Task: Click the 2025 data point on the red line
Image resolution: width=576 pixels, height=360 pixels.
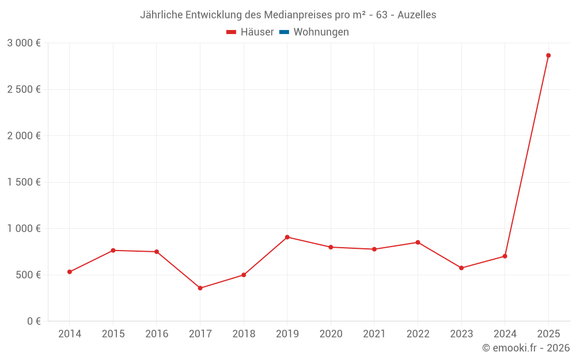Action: point(548,55)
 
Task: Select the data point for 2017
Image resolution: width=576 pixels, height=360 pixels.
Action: point(200,288)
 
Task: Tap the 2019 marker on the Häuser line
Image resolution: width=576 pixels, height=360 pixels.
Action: point(287,237)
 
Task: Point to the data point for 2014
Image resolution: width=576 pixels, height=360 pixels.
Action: point(70,272)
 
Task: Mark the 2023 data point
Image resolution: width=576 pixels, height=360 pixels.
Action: point(461,268)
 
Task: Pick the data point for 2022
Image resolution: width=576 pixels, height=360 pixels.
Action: point(418,242)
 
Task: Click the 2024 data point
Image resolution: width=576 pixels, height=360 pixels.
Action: point(505,256)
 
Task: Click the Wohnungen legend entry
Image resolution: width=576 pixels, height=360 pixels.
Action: point(321,32)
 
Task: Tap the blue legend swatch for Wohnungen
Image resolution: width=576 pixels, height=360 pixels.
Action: point(284,32)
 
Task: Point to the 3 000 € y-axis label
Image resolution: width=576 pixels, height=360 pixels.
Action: point(24,43)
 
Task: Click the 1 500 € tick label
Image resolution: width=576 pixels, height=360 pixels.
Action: point(24,182)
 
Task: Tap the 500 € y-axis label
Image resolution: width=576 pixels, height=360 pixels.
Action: point(28,275)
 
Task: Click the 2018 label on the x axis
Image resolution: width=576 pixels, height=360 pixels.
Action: point(244,334)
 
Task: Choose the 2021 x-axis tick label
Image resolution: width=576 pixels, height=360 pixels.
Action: point(374,334)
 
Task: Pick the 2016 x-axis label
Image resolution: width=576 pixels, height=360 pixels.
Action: point(157,334)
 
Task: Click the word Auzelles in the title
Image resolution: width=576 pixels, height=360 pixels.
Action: point(416,15)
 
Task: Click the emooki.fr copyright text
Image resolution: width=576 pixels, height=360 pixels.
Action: point(525,348)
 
